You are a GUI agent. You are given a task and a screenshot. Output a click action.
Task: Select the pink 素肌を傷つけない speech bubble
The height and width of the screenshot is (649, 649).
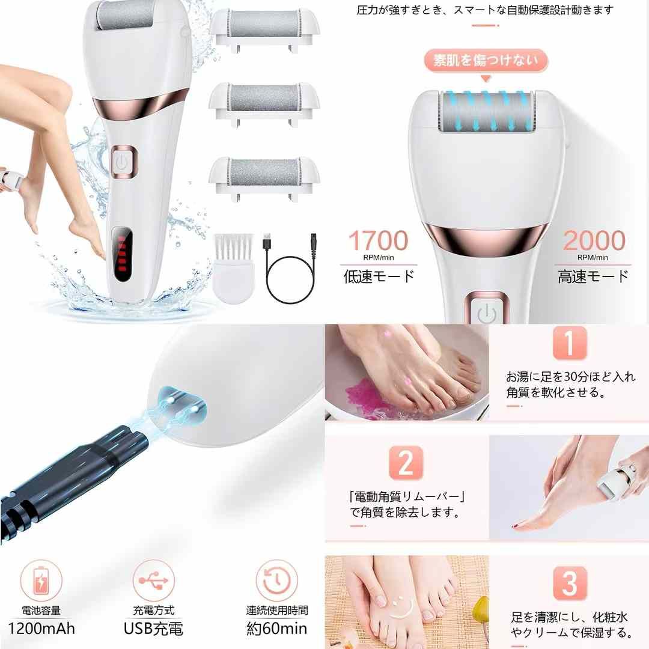485,61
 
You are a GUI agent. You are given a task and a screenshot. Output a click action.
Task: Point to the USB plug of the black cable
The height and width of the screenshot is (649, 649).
267,239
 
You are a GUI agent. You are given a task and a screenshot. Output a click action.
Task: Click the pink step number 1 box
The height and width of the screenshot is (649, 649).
568,343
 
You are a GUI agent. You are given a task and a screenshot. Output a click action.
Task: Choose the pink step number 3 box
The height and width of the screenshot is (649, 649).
569,582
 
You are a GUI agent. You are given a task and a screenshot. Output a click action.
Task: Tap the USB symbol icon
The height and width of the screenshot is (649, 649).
153,581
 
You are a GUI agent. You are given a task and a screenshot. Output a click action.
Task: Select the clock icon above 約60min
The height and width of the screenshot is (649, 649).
276,581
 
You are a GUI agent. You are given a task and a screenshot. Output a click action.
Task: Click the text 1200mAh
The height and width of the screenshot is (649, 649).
42,629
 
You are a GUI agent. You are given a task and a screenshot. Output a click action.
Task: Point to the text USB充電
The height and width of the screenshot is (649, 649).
154,629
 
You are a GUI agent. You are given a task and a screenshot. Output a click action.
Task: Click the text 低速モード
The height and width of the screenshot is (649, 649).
379,276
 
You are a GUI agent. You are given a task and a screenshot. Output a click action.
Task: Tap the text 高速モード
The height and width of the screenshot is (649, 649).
594,276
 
